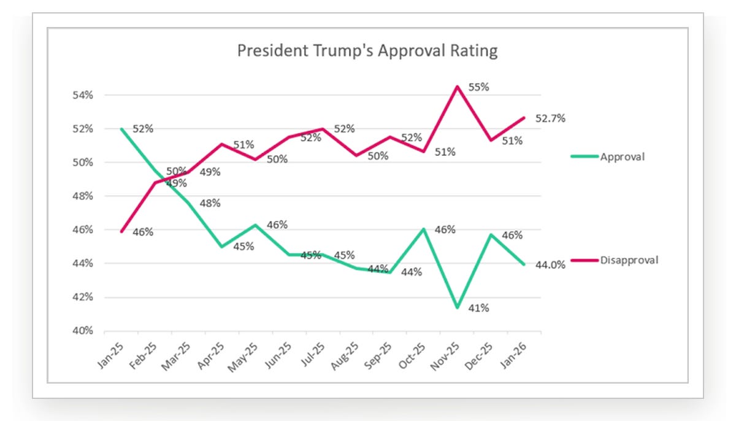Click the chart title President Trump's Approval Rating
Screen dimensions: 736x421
click(367, 51)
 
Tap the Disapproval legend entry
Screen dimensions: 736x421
click(615, 260)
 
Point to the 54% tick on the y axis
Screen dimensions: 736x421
click(83, 95)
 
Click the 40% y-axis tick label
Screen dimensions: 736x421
click(83, 331)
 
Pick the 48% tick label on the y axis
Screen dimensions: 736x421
click(83, 196)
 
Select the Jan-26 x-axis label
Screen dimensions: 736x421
click(513, 355)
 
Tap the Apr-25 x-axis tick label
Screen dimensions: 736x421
click(211, 356)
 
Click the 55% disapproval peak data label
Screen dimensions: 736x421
click(478, 87)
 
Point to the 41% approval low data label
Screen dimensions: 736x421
click(478, 308)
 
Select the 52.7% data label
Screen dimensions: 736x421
click(550, 118)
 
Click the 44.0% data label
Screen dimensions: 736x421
click(550, 265)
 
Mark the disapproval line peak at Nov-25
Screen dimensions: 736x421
click(457, 87)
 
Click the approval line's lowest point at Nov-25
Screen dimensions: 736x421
click(457, 307)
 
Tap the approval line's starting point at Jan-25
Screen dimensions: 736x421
click(121, 129)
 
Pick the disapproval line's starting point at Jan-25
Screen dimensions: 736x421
click(121, 232)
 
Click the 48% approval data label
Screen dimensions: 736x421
click(210, 203)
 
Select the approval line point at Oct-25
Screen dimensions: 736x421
click(424, 229)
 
